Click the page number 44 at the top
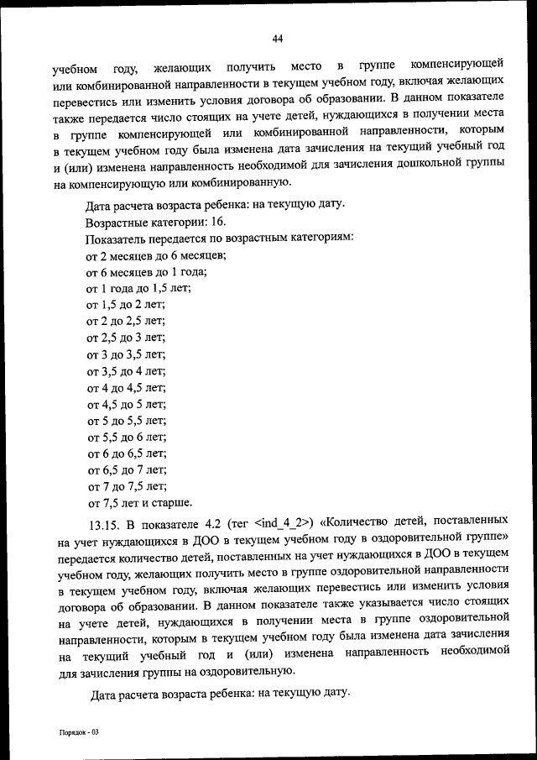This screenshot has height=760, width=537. coord(278,37)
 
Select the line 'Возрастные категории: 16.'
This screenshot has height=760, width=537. coord(155,223)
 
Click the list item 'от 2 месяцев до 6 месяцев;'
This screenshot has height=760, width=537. coord(157,255)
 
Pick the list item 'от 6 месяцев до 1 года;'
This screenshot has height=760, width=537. coord(147,271)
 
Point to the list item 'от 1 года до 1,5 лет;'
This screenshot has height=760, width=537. coord(138,288)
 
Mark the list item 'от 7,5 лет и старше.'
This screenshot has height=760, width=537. coord(139,504)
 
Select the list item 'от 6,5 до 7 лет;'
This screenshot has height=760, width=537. coord(127,470)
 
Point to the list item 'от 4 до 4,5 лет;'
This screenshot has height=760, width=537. coord(127,388)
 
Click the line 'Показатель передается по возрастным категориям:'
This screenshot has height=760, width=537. coord(220,238)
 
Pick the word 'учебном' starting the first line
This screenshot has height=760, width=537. coord(75,67)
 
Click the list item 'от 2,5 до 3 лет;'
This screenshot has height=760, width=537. coord(127,338)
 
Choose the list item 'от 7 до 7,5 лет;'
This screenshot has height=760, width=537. coord(127,487)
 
